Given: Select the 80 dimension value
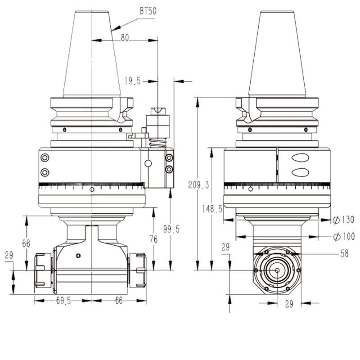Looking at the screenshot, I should [125, 39].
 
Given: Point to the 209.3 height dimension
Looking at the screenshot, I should [193, 184].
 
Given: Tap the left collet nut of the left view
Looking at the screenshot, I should [42, 270].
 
